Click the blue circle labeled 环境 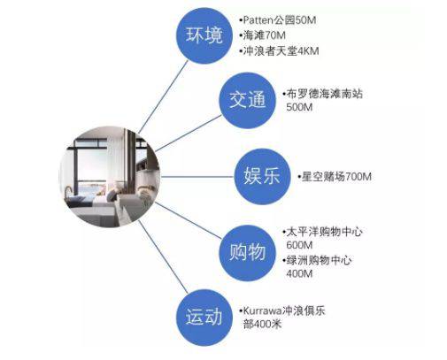tap(204, 35)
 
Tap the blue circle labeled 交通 tap(247, 100)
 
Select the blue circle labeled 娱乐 tap(262, 177)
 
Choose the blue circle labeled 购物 tap(247, 253)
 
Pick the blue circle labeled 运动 tap(204, 318)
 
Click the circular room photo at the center tap(110, 177)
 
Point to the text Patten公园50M tap(280, 20)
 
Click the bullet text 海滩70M tap(265, 35)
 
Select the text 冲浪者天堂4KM tap(281, 50)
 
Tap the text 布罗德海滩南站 tap(324, 94)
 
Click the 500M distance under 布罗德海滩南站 tap(299, 107)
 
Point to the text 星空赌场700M tap(336, 177)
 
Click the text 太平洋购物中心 tap(324, 232)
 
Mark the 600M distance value tap(299, 245)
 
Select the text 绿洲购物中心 tap(319, 260)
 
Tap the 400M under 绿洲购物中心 tap(299, 273)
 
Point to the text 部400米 tap(262, 324)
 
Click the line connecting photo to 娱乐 tap(197, 177)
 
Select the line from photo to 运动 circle tap(163, 257)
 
